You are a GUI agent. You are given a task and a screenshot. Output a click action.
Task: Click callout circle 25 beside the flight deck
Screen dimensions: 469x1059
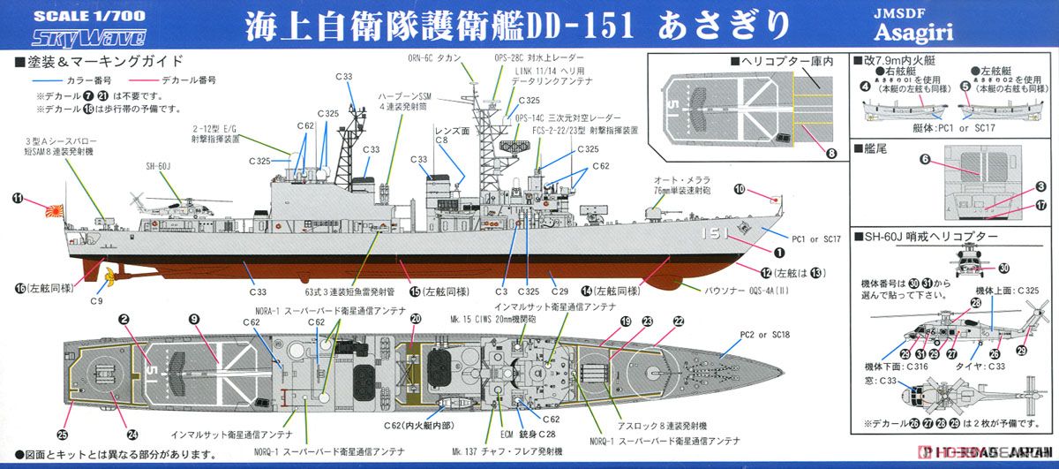click(x=63, y=434)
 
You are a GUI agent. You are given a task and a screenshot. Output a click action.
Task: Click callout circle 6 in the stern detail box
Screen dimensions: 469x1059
click(x=925, y=160)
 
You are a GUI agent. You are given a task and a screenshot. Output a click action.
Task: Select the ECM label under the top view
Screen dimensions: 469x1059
click(x=506, y=434)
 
